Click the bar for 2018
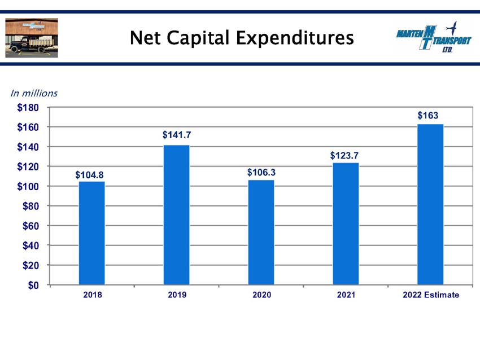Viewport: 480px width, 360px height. [92, 233]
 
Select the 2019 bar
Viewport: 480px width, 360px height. [176, 215]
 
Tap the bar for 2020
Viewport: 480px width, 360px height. [261, 232]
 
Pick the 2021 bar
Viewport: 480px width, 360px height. [346, 224]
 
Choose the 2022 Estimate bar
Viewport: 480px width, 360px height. [430, 204]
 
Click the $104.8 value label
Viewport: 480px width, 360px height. [89, 175]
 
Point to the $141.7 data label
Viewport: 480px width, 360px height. [177, 135]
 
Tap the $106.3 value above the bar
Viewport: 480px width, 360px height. [261, 173]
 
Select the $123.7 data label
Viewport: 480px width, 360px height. [344, 155]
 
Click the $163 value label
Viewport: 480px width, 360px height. [428, 115]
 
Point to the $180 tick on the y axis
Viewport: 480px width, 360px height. [28, 108]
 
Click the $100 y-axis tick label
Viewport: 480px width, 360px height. [28, 186]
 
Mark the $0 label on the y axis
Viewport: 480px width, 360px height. [33, 285]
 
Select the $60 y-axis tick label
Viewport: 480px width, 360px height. [30, 226]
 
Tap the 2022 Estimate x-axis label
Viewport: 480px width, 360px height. [431, 295]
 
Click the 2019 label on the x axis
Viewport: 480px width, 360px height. [177, 295]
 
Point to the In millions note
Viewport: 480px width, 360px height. [34, 93]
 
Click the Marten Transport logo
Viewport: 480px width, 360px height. [434, 37]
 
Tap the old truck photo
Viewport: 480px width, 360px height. [32, 38]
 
